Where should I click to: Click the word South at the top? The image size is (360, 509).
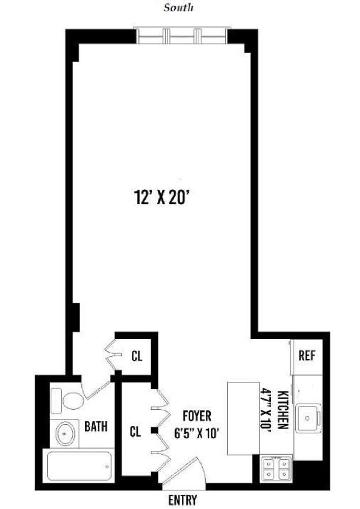[x=179, y=8]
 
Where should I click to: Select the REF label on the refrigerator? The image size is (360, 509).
[x=308, y=356]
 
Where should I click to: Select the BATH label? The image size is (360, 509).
[x=96, y=427]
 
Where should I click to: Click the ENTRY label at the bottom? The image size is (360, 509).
[x=182, y=500]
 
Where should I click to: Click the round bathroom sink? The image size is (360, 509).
[x=66, y=433]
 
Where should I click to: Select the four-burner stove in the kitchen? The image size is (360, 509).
[x=275, y=469]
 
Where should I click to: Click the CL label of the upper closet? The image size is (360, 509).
[x=136, y=356]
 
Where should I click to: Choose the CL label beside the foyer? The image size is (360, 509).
[x=134, y=433]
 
